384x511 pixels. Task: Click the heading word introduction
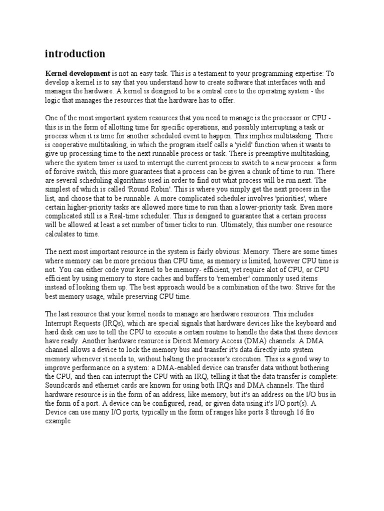(75, 53)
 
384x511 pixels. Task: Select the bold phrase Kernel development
(77, 73)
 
